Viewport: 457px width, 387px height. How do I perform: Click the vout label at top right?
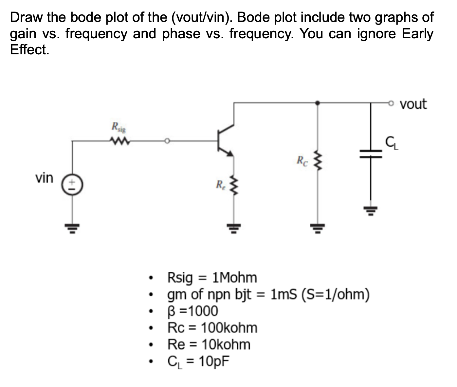(x=413, y=104)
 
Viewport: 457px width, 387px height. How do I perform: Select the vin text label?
(x=44, y=178)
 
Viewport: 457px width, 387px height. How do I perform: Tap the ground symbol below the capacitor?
(x=371, y=210)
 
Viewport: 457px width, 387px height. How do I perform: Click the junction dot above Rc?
(x=317, y=103)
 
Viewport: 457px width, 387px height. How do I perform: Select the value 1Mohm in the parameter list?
(x=234, y=278)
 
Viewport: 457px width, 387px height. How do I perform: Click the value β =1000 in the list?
(x=192, y=311)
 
